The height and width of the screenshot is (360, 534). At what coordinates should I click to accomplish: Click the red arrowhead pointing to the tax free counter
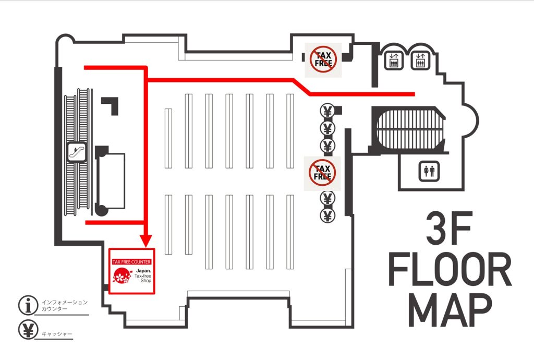[x=147, y=241]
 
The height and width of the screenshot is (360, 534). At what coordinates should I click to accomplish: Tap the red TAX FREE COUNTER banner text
[x=131, y=261]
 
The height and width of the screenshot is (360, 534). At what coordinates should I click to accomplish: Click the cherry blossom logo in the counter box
[x=122, y=275]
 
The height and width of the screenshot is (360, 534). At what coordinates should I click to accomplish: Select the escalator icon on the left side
[x=77, y=151]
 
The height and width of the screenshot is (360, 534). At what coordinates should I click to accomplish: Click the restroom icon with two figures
[x=429, y=171]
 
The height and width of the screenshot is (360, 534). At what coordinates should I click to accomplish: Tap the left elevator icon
[x=394, y=61]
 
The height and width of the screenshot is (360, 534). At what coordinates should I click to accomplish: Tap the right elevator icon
[x=420, y=61]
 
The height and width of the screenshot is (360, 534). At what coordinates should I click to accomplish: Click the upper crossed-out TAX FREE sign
[x=323, y=59]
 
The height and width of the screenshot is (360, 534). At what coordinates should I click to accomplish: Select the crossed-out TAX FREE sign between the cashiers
[x=322, y=173]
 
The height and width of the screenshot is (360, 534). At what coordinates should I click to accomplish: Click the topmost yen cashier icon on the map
[x=327, y=111]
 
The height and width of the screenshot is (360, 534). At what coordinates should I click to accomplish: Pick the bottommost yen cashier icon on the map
[x=327, y=215]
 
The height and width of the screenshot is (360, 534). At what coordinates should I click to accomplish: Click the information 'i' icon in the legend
[x=28, y=305]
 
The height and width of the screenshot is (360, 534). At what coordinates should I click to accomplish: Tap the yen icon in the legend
[x=28, y=330]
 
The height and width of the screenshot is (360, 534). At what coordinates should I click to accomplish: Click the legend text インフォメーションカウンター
[x=65, y=306]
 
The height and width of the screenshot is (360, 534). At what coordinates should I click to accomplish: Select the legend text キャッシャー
[x=57, y=334]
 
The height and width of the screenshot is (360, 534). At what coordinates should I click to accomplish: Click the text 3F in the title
[x=449, y=228]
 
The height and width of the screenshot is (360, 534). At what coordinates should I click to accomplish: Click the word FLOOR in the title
[x=450, y=269]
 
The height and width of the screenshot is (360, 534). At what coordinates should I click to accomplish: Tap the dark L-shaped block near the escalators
[x=110, y=105]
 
